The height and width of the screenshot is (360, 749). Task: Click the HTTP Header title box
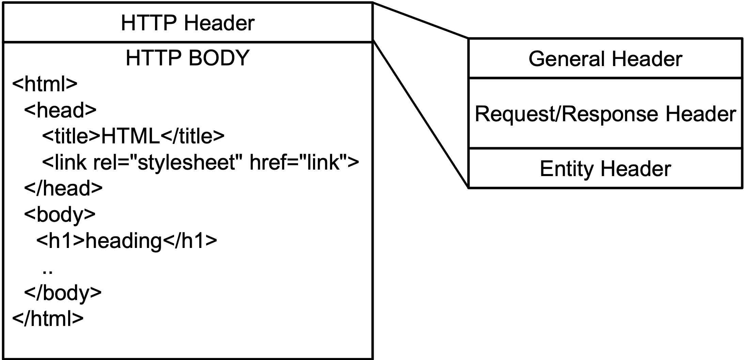coord(188,23)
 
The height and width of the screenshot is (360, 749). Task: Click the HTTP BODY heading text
coord(188,58)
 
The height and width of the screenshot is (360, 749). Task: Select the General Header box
coord(605,59)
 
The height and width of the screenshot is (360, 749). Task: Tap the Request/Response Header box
coord(605,113)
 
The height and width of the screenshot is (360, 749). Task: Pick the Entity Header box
coord(605,168)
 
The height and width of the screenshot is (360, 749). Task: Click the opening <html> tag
coord(45,84)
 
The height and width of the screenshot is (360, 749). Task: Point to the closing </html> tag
coord(48,318)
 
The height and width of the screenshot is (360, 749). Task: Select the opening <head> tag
coord(60,110)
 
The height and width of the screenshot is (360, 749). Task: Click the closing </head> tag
coord(63,188)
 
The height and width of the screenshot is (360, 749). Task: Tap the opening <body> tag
coord(60,214)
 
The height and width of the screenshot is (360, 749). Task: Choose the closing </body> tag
coord(63,292)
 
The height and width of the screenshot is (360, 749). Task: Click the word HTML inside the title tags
coord(130,136)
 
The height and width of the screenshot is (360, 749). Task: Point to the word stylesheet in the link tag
coord(187,162)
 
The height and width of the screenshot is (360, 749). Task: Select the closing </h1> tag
coord(190,240)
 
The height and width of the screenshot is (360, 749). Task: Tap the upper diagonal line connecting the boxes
coord(421,20)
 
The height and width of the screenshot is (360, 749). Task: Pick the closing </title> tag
coord(192,136)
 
